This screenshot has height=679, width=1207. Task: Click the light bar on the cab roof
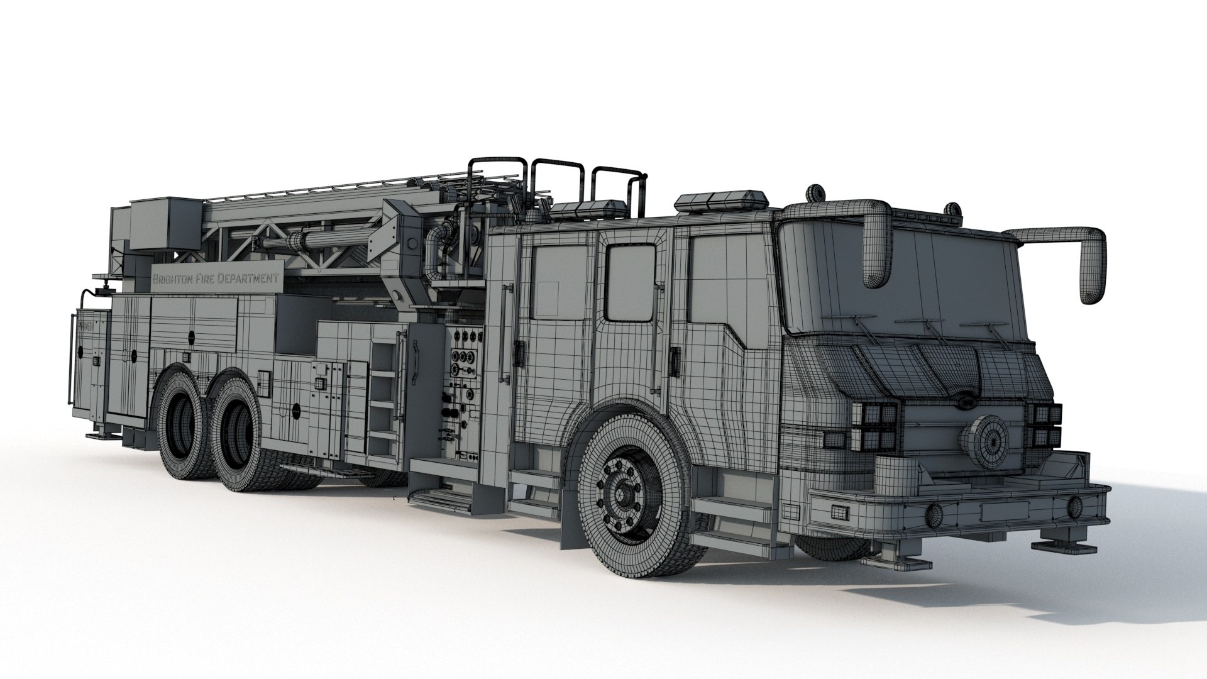722,200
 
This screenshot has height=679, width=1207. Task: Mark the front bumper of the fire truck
956,506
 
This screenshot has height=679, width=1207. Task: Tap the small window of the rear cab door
630,282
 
